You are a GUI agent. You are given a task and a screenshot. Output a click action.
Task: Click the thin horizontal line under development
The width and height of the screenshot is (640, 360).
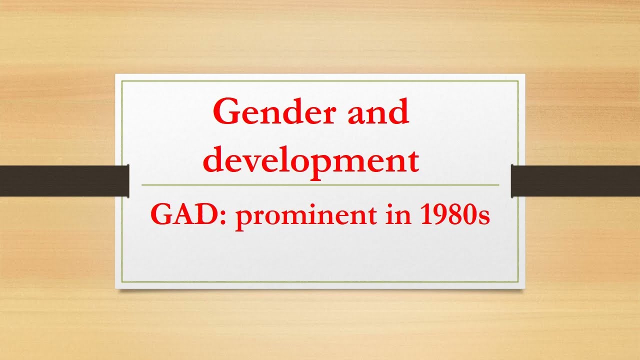[320, 185]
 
